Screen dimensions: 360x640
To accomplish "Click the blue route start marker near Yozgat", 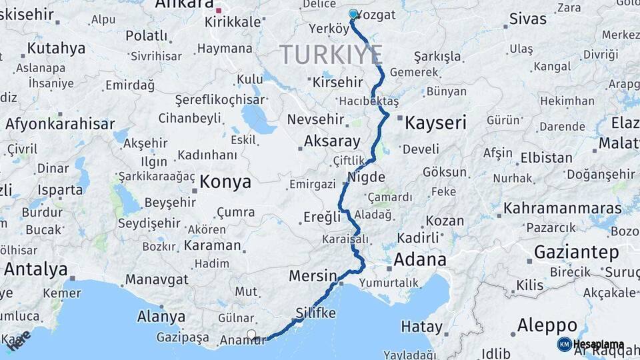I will (353, 13).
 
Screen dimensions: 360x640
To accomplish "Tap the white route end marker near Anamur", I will (251, 334).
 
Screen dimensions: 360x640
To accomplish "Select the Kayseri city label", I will (435, 123).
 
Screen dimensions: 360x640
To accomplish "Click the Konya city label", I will (225, 181).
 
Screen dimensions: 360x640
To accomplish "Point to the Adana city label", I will (419, 259).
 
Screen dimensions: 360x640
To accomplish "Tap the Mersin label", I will (313, 275).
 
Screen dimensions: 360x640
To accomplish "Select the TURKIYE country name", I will (331, 54).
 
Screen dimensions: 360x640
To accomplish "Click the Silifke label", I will (315, 313).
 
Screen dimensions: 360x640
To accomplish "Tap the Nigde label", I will (366, 177).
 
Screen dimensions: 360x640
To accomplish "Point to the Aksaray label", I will (331, 141).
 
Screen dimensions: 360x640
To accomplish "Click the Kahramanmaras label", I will (562, 208).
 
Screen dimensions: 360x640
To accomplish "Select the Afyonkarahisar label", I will (59, 123).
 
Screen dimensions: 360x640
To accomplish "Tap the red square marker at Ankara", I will (219, 11).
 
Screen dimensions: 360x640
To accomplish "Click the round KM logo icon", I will (564, 344).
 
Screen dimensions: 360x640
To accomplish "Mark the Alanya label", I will (161, 316).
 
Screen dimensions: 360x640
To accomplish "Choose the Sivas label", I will (527, 19).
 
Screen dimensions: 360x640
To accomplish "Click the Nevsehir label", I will (315, 120).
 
